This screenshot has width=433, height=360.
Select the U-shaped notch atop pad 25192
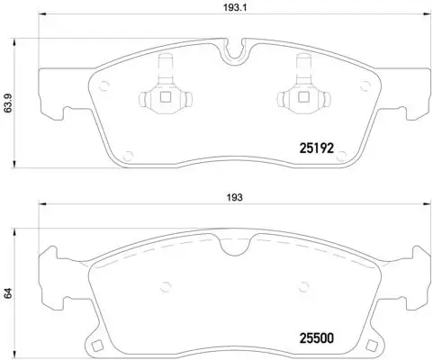coord(233,52)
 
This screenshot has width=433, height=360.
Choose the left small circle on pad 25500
coord(165,287)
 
